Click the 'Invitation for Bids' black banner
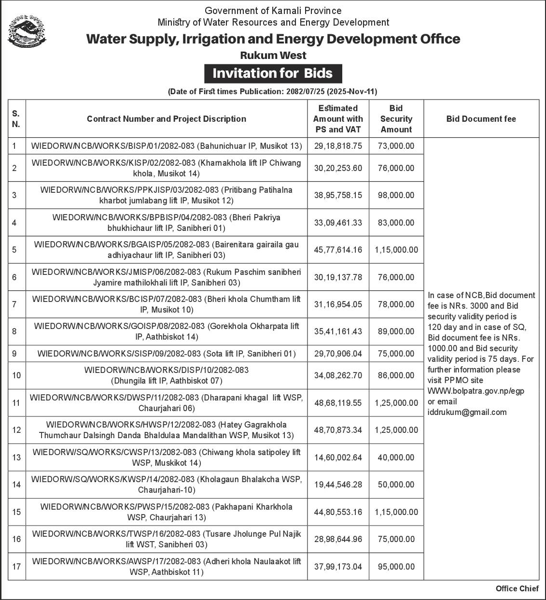[x=272, y=73]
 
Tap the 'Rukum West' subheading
[x=273, y=55]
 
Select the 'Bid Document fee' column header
[x=481, y=119]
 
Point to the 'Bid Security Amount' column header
[x=396, y=119]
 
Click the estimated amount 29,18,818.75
[x=338, y=146]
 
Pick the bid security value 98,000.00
[x=396, y=195]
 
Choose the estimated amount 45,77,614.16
[x=338, y=250]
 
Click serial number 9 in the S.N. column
[x=14, y=354]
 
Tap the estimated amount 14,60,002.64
[x=338, y=457]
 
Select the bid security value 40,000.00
[x=396, y=457]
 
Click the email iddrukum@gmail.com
[x=467, y=412]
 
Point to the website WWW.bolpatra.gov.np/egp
[x=476, y=391]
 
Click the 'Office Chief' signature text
[x=517, y=588]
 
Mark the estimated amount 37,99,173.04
[x=338, y=567]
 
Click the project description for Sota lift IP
[x=167, y=354]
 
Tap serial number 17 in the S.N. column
[x=16, y=567]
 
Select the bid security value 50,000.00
[x=396, y=485]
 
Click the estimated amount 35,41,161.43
[x=338, y=331]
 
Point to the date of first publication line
[x=272, y=91]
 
